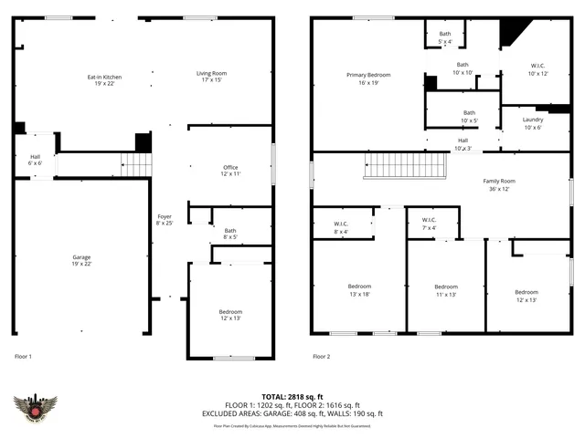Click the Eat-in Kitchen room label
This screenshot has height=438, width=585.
tap(104, 79)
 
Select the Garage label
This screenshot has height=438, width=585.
tap(81, 261)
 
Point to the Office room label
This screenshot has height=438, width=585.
tap(230, 170)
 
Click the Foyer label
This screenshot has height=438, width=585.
tap(165, 219)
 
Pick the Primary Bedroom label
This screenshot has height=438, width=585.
tap(368, 78)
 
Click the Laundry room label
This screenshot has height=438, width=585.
tap(533, 123)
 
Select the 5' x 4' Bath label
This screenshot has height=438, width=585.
tap(445, 38)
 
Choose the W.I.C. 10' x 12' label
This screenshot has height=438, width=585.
tap(537, 69)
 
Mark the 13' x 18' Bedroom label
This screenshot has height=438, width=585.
tap(359, 289)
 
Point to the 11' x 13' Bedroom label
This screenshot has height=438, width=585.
tap(445, 289)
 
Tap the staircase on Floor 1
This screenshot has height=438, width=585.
tap(136, 165)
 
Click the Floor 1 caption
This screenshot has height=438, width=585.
tap(24, 357)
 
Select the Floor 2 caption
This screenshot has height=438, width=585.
tap(321, 357)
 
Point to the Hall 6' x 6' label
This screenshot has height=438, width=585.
tap(35, 160)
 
